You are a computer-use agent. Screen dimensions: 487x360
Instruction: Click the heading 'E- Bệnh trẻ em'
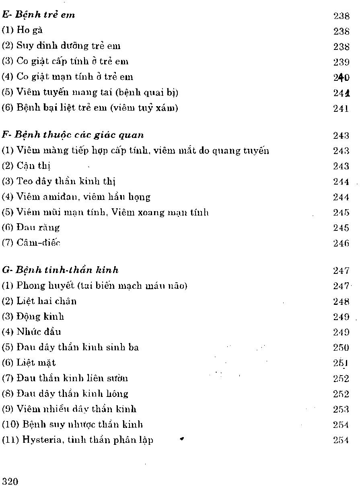39,15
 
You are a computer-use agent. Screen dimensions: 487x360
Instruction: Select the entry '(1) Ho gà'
23,31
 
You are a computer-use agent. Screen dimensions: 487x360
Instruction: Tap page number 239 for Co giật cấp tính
341,62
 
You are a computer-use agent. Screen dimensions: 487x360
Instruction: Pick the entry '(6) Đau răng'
31,228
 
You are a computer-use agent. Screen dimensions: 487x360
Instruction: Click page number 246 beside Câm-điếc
341,243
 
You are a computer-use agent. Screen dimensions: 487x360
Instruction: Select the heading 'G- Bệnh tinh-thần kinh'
60,270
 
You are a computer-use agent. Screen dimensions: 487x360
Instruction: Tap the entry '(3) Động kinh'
33,316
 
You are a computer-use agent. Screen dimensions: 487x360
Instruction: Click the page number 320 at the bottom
10,481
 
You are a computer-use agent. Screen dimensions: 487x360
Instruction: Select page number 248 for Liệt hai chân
341,301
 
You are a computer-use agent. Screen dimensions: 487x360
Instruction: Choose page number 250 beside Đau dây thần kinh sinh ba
341,347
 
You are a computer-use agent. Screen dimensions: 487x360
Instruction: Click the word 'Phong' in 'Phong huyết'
29,286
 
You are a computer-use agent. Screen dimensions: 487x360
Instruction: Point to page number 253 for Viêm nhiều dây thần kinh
341,409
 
